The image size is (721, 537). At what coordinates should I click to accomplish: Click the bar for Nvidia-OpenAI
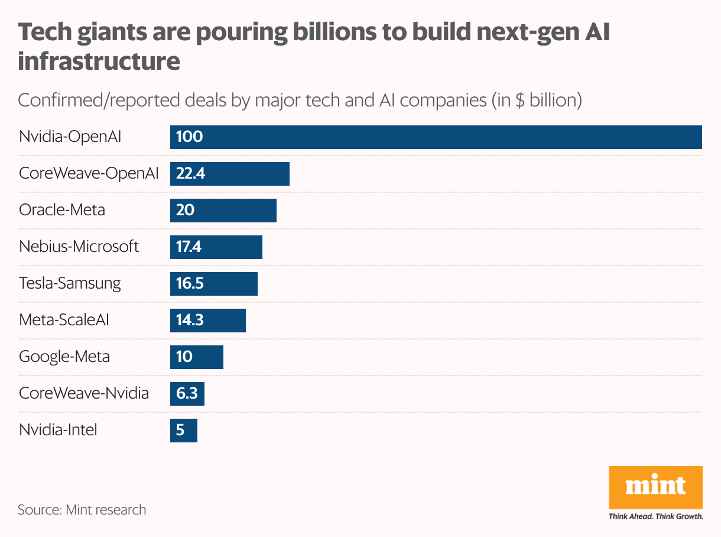(436, 137)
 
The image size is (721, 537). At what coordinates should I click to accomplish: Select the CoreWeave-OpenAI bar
(230, 174)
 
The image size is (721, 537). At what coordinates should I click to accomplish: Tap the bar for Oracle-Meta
(223, 211)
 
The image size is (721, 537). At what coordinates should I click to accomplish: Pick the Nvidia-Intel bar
(183, 431)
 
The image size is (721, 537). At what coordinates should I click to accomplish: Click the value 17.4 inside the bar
(189, 247)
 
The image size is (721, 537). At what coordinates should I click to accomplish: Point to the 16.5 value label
(190, 284)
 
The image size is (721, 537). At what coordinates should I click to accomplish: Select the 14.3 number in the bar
(190, 321)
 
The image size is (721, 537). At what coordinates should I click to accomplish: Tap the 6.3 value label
(187, 394)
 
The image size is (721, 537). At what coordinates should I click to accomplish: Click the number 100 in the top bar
(189, 137)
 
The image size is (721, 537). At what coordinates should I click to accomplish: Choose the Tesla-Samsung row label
(70, 283)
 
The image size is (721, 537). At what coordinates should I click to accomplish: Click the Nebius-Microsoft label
(79, 247)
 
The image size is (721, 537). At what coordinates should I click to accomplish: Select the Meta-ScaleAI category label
(64, 320)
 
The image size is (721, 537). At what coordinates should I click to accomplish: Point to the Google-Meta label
(64, 357)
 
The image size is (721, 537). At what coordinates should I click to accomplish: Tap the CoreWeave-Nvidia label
(84, 393)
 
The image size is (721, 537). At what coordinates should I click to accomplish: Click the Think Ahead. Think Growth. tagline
(655, 516)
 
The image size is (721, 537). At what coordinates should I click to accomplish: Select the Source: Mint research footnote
(82, 509)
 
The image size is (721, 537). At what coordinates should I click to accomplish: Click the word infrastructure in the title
(99, 61)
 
